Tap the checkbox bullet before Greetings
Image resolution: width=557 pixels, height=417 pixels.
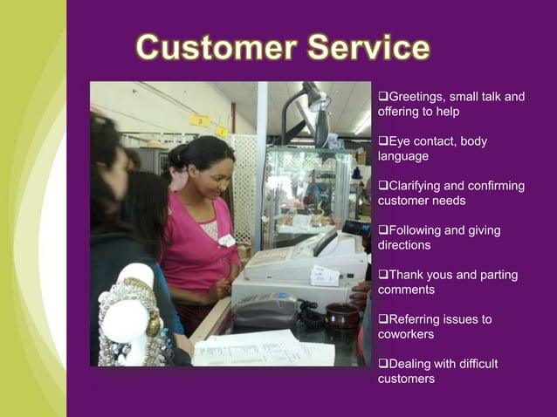(382, 96)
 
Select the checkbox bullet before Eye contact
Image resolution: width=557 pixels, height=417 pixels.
(382, 141)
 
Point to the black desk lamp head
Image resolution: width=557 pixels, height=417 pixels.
(313, 94)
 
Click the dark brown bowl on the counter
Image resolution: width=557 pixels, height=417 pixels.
(341, 314)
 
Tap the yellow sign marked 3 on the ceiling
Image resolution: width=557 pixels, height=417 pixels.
(201, 120)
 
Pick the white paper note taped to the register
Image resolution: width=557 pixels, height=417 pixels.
(325, 275)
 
